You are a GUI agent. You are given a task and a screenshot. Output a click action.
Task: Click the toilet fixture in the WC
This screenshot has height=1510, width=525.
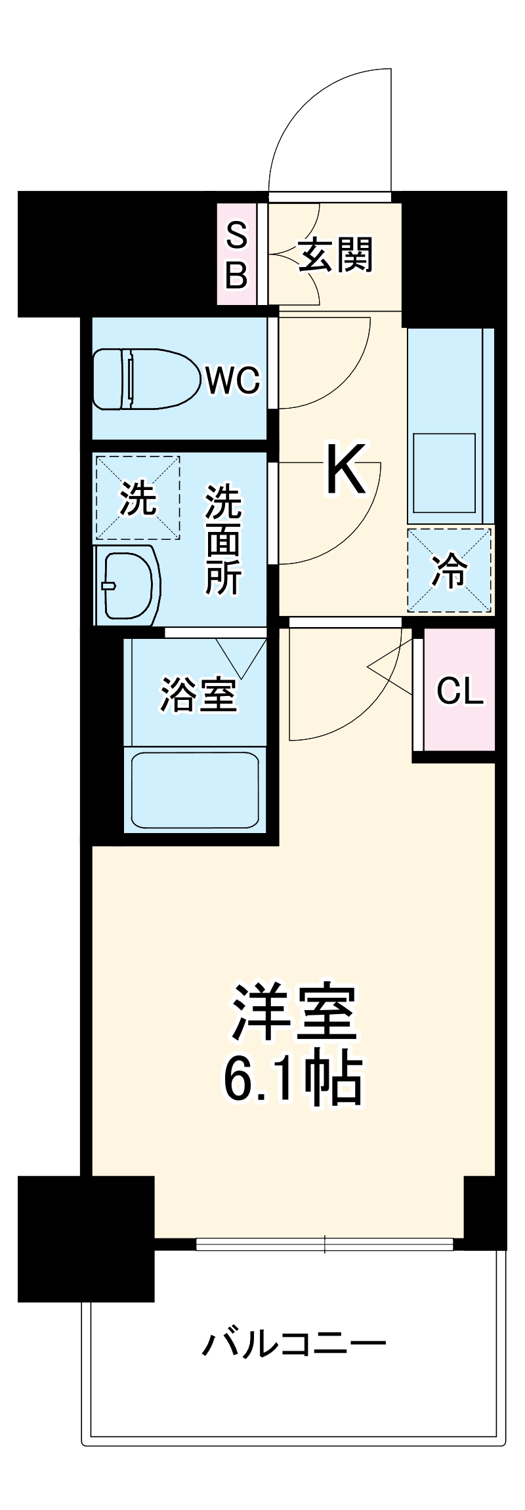(146, 379)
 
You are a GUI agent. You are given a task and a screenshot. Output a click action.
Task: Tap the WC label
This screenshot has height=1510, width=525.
(232, 380)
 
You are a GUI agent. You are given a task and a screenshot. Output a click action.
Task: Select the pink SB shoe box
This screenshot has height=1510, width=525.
(236, 255)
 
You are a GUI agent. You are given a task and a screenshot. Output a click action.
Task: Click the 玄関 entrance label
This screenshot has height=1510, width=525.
(336, 255)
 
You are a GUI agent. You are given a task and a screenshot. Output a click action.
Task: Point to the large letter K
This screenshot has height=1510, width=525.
(345, 470)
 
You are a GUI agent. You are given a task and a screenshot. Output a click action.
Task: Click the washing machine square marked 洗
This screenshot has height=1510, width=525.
(138, 498)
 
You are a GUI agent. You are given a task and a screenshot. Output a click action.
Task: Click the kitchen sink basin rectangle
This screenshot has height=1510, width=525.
(444, 472)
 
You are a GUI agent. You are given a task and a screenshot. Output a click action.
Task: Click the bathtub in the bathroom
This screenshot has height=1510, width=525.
(195, 790)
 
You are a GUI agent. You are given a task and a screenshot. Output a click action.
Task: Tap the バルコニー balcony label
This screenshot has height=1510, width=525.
(293, 1344)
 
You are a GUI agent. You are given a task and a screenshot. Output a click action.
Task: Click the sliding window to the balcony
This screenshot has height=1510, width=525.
(324, 1244)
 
